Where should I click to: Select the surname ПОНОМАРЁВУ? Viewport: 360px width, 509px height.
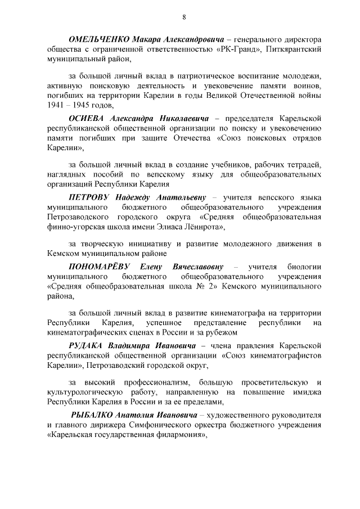coord(101,266)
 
